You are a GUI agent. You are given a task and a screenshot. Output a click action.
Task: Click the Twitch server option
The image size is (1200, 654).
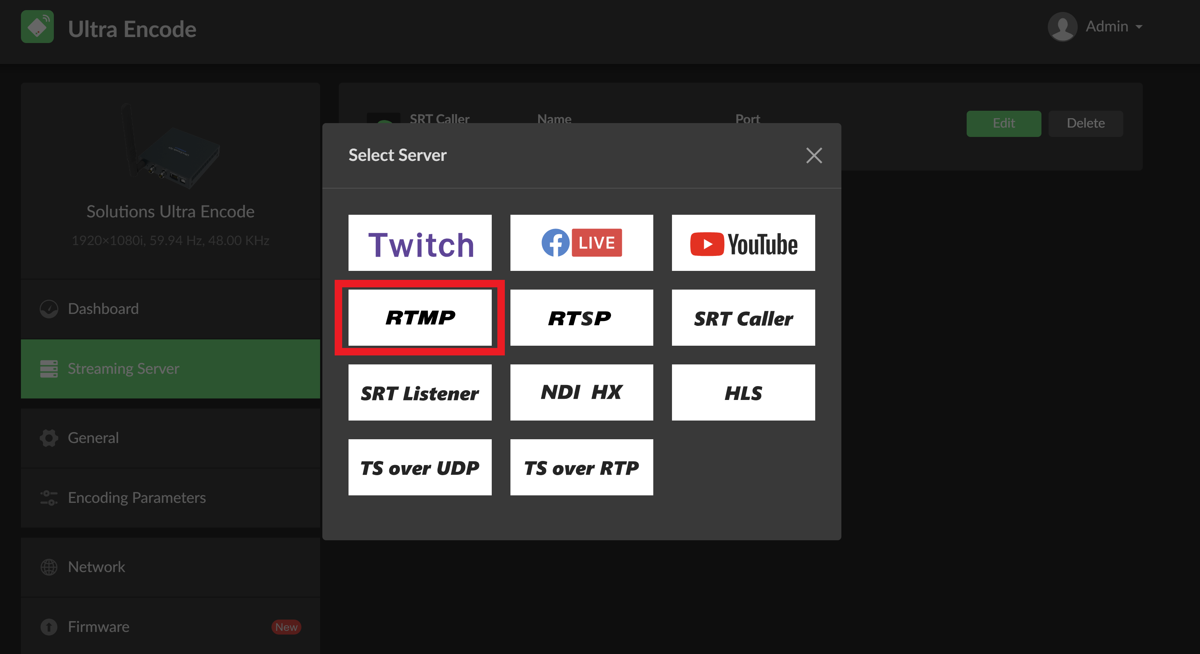(x=420, y=242)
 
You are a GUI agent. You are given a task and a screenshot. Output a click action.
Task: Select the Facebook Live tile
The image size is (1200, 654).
(x=581, y=242)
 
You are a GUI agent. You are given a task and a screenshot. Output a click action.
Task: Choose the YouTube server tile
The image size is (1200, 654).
(x=743, y=242)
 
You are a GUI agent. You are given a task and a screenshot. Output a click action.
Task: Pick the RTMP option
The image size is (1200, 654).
(x=420, y=317)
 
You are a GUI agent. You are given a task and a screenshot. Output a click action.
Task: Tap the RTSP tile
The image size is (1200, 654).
(x=581, y=317)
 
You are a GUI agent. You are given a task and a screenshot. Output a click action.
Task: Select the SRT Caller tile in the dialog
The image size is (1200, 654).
(x=743, y=317)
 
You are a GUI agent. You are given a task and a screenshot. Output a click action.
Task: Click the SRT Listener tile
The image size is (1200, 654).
(x=420, y=392)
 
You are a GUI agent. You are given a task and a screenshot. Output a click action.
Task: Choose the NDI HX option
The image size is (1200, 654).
(x=581, y=392)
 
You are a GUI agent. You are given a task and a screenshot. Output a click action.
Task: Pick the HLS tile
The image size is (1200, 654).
(x=743, y=392)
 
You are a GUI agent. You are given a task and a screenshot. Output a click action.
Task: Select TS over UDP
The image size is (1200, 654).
(x=420, y=467)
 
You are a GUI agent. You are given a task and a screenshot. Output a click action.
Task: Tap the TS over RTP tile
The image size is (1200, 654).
(x=581, y=467)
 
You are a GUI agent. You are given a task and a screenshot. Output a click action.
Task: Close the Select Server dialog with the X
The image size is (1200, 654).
(x=814, y=155)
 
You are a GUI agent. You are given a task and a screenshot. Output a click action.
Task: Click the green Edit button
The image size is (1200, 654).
(x=1003, y=123)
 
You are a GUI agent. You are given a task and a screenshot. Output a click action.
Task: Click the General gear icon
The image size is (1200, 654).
(x=49, y=438)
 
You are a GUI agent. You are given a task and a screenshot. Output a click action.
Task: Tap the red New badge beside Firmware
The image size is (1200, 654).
(x=286, y=627)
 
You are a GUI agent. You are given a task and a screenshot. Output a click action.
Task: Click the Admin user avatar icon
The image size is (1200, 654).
(x=1063, y=27)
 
